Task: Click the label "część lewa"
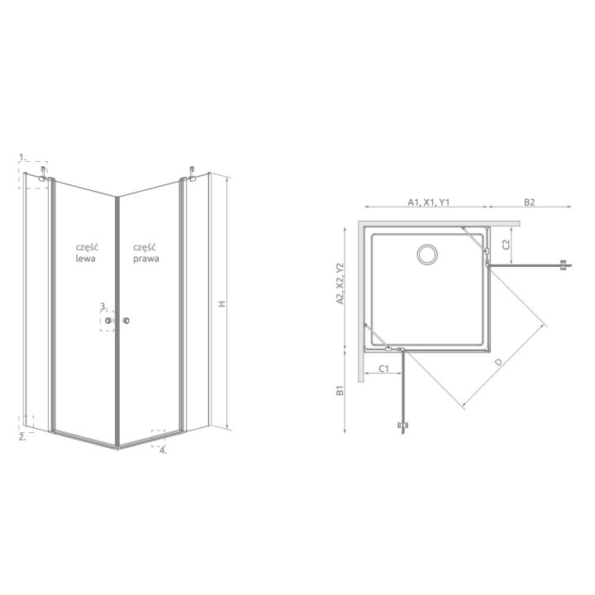(x=85, y=252)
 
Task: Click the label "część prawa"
(x=145, y=252)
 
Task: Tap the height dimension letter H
(x=221, y=304)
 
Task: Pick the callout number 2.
(x=23, y=437)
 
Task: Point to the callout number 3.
(x=103, y=306)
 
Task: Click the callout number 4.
(x=163, y=450)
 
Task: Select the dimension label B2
(x=530, y=202)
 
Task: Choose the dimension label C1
(x=384, y=369)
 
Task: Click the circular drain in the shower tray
(x=429, y=255)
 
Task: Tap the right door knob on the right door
(x=127, y=320)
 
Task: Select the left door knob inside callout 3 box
(x=110, y=320)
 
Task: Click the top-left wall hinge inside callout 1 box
(x=40, y=174)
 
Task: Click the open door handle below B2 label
(x=564, y=264)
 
